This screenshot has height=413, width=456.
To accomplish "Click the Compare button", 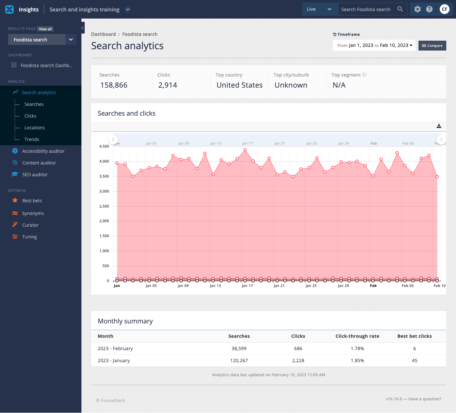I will pyautogui.click(x=432, y=46).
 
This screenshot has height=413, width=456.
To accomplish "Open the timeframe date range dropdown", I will pyautogui.click(x=374, y=45).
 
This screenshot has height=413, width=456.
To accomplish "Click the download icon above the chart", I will pyautogui.click(x=439, y=126).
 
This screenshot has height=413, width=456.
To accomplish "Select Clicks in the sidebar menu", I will pyautogui.click(x=30, y=116).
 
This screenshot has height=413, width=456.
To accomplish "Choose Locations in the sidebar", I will pyautogui.click(x=35, y=128).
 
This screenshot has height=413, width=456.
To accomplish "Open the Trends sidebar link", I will pyautogui.click(x=32, y=139).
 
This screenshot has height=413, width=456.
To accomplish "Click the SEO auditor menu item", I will pyautogui.click(x=35, y=175).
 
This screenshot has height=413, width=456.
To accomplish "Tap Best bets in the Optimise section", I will pyautogui.click(x=32, y=201).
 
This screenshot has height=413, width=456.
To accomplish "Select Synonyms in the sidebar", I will pyautogui.click(x=33, y=213).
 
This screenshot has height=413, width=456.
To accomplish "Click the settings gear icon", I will pyautogui.click(x=417, y=9).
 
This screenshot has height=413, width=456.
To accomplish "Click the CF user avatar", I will pyautogui.click(x=444, y=9).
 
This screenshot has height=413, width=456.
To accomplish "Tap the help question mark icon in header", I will pyautogui.click(x=429, y=9).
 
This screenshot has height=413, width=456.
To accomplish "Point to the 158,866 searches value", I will pyautogui.click(x=114, y=85).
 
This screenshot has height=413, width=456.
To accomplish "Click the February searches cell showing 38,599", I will pyautogui.click(x=239, y=349).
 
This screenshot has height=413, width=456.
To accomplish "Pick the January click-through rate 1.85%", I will pyautogui.click(x=357, y=361).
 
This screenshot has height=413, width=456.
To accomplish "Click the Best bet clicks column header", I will pyautogui.click(x=414, y=336).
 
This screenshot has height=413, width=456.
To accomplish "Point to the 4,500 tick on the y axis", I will pyautogui.click(x=104, y=147).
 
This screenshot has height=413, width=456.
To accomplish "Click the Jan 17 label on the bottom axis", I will pyautogui.click(x=247, y=286).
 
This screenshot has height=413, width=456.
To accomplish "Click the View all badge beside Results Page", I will pyautogui.click(x=45, y=29).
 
